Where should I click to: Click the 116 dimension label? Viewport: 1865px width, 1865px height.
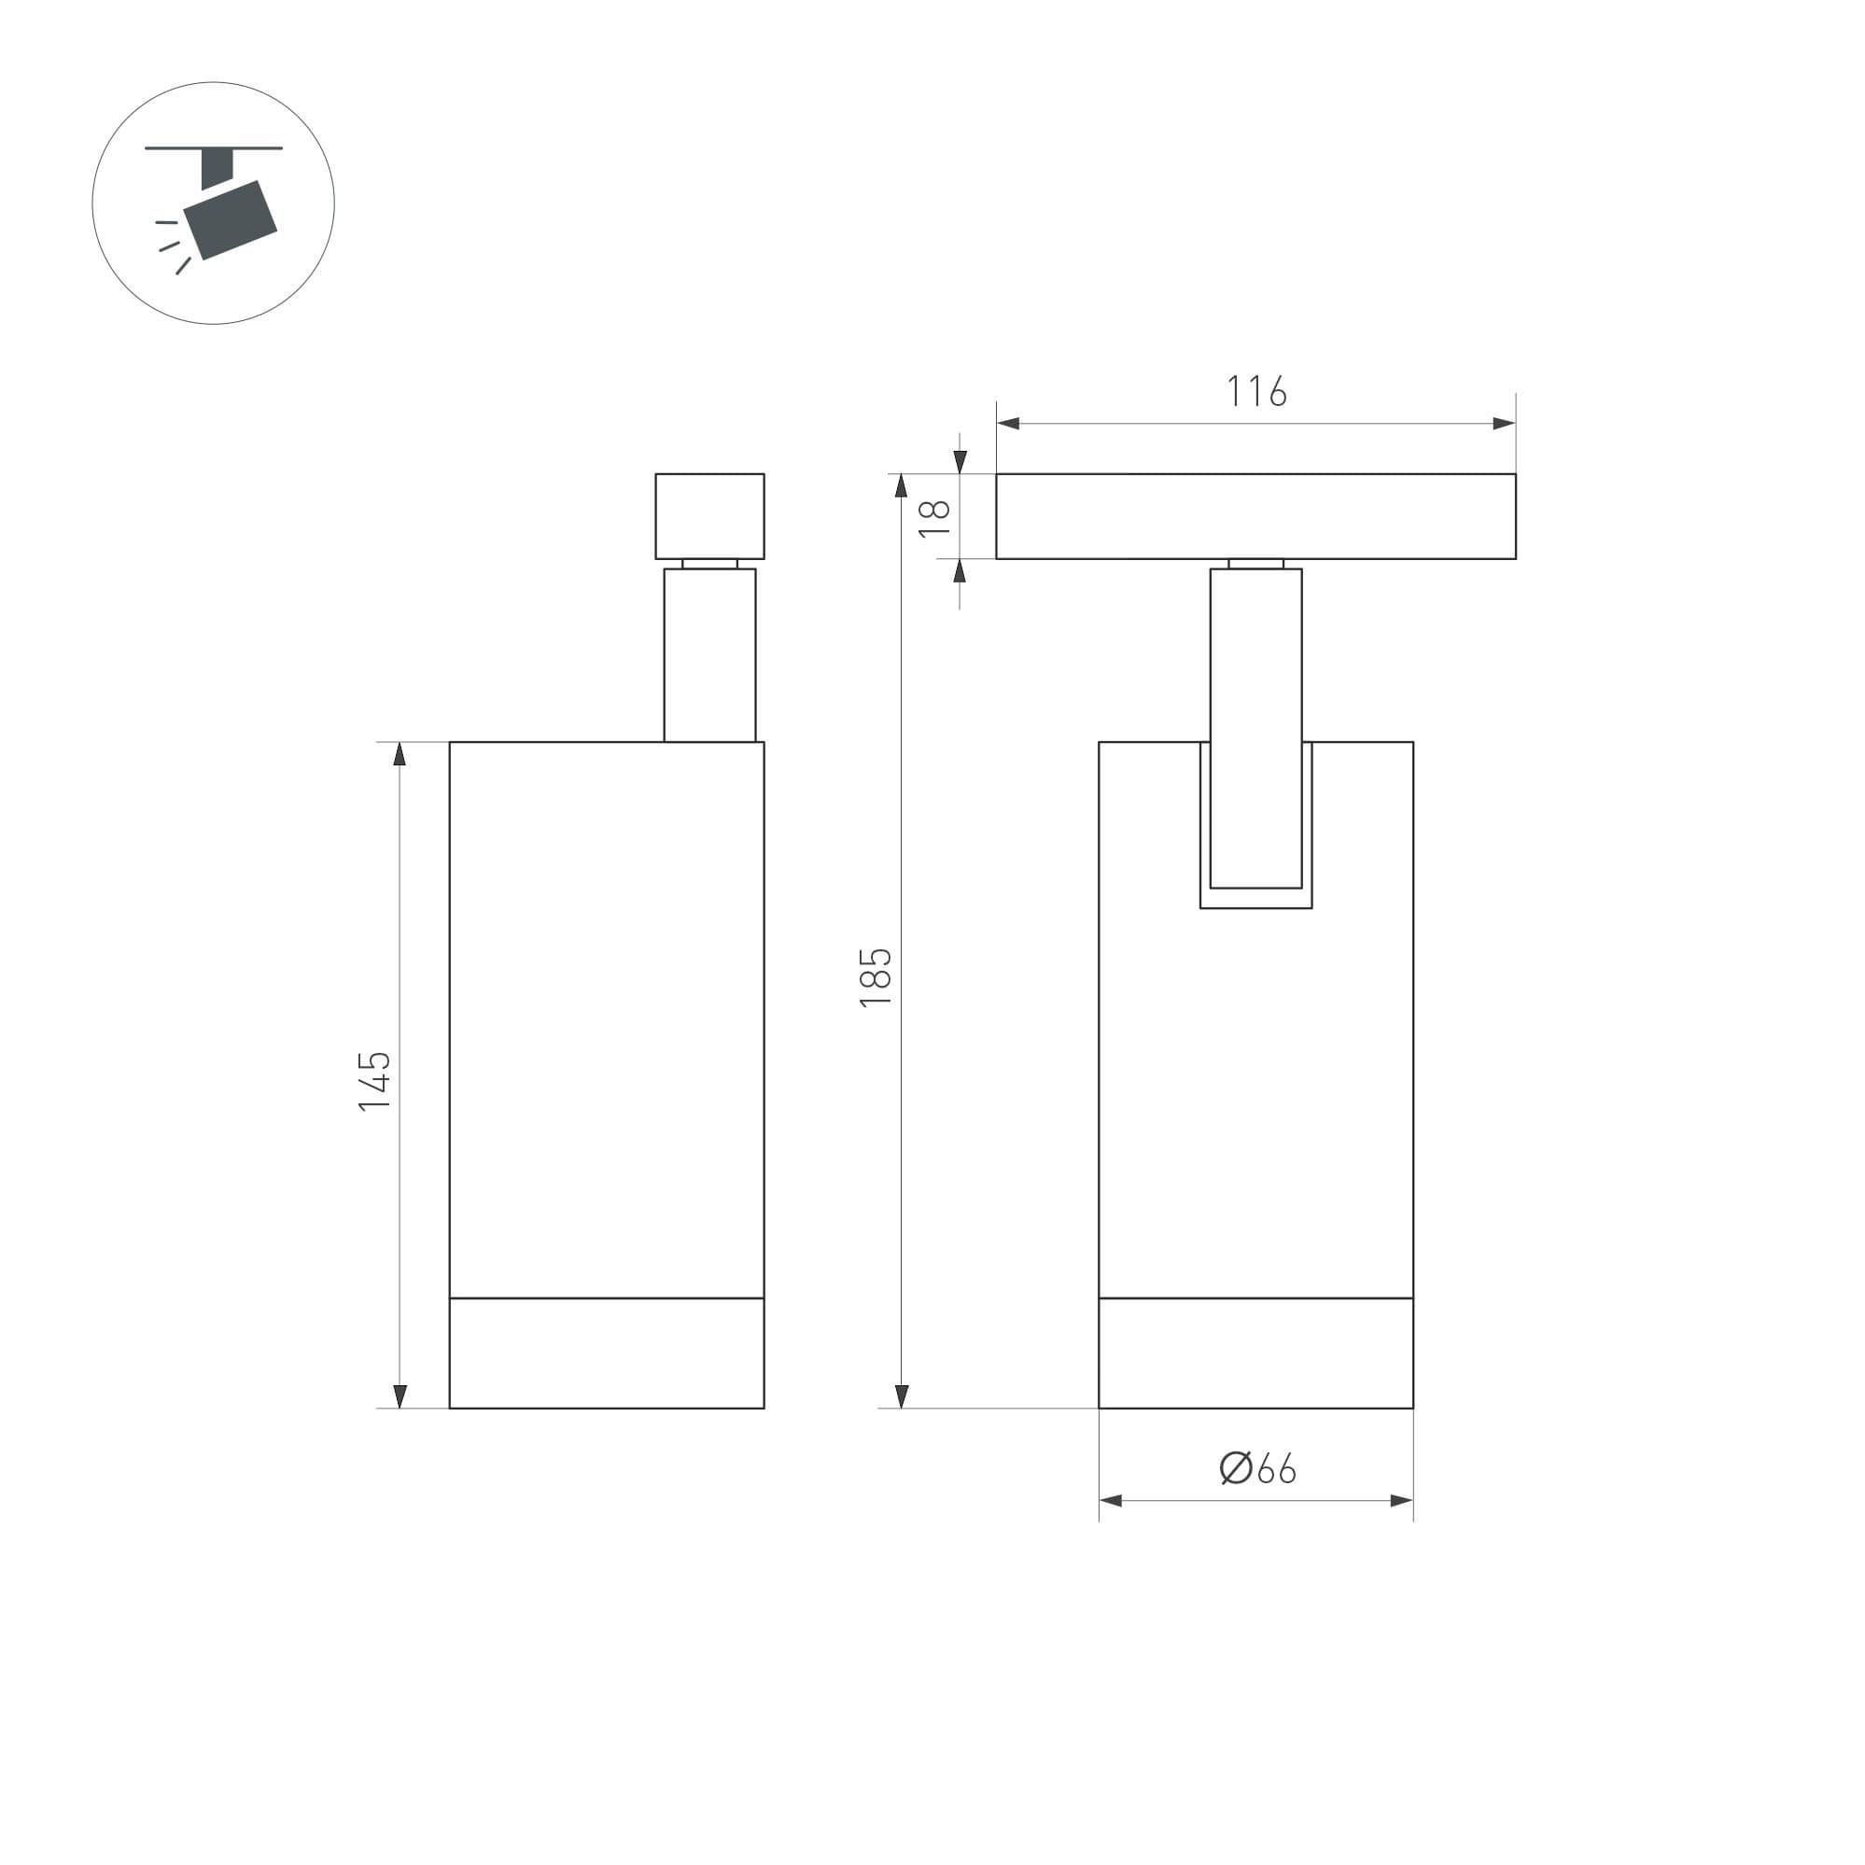point(1255,391)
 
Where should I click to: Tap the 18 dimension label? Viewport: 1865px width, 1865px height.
point(934,518)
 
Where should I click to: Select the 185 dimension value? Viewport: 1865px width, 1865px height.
point(876,978)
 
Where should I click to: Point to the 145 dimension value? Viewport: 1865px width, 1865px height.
point(374,1081)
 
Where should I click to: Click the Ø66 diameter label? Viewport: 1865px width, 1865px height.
point(1256,1468)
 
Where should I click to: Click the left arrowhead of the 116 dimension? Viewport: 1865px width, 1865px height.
point(1009,423)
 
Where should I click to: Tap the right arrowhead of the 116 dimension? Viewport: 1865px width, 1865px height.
point(1504,423)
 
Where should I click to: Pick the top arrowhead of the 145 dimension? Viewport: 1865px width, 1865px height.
point(400,754)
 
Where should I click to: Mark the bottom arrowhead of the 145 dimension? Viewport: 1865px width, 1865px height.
point(400,1395)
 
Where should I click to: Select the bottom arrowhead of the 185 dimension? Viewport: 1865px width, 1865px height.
point(902,1395)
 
